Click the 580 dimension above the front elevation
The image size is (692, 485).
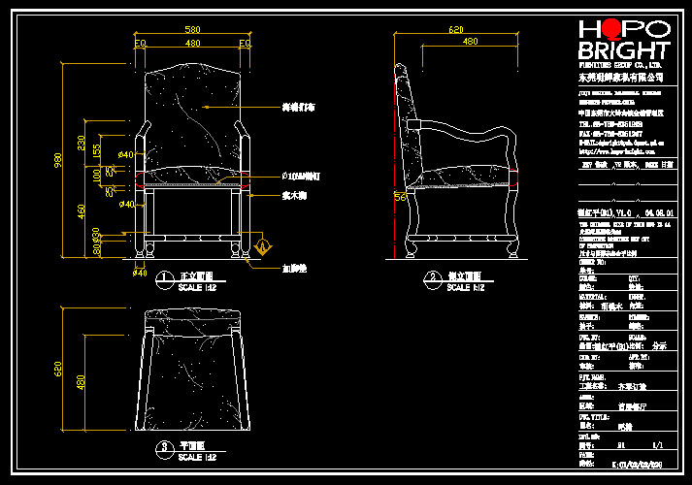click(x=192, y=31)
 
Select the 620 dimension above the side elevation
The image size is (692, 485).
click(x=455, y=30)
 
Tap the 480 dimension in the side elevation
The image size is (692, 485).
click(x=470, y=43)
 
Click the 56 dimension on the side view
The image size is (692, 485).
click(x=398, y=197)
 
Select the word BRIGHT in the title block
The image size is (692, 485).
click(x=623, y=51)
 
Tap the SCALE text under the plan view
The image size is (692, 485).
click(x=190, y=457)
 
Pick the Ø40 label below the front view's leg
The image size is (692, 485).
click(x=139, y=275)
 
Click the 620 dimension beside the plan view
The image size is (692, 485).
click(x=57, y=369)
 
